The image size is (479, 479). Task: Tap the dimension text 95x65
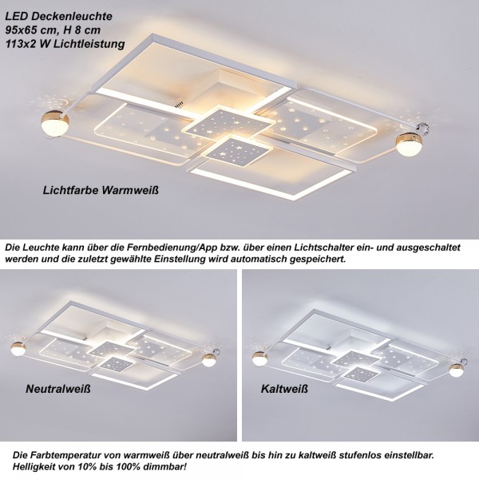pyautogui.click(x=22, y=30)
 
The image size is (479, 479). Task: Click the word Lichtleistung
pyautogui.click(x=89, y=44)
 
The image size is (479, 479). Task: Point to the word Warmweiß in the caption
pyautogui.click(x=130, y=190)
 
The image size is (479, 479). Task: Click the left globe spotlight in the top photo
pyautogui.click(x=55, y=125)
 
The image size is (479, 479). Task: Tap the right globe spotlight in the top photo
pyautogui.click(x=410, y=144)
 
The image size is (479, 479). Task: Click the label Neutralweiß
pyautogui.click(x=58, y=389)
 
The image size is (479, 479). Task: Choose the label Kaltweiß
pyautogui.click(x=284, y=389)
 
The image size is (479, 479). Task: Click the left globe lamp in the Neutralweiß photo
pyautogui.click(x=18, y=349)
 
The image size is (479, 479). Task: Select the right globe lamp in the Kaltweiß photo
pyautogui.click(x=456, y=370)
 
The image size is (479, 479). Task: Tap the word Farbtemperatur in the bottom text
pyautogui.click(x=65, y=455)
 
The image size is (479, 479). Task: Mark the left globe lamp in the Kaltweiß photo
pyautogui.click(x=260, y=358)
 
